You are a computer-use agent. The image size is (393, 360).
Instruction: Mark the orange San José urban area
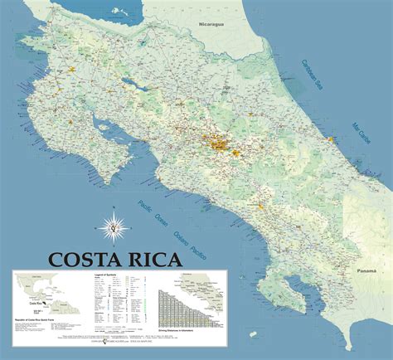[224, 149]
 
